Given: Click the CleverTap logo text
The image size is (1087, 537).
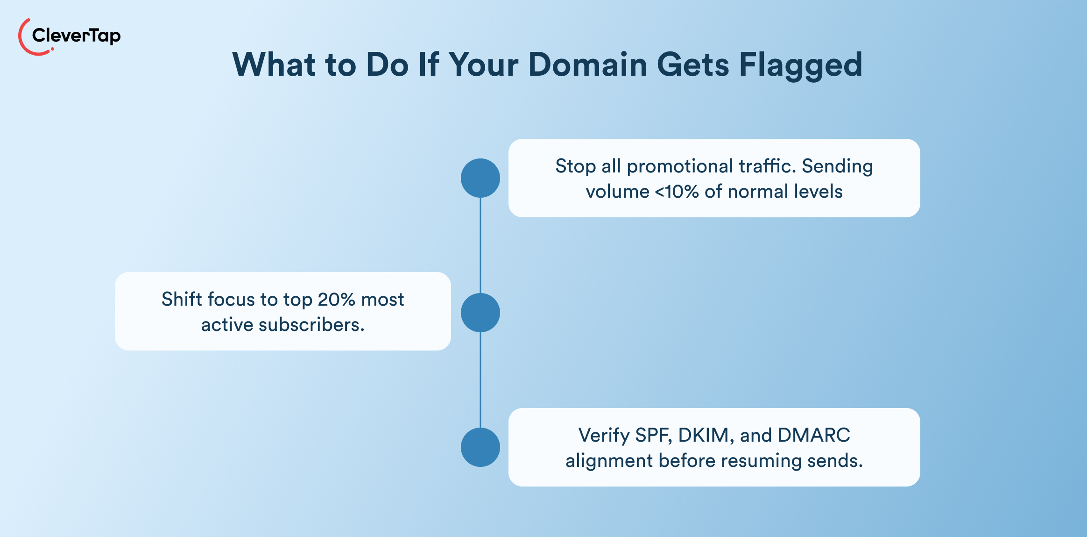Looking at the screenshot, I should click(x=76, y=36).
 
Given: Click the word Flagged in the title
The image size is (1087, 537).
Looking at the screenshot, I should click(x=800, y=65).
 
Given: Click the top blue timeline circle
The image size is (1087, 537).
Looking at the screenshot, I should click(x=480, y=178).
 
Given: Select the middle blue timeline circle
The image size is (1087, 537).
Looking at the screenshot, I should click(x=480, y=313).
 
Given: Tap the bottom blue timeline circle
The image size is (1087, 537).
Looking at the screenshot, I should click(x=480, y=447).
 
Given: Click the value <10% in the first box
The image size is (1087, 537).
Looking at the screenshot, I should click(x=677, y=192).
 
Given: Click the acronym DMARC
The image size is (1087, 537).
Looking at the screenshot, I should click(x=813, y=435).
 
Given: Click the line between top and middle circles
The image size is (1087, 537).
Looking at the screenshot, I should click(x=480, y=245).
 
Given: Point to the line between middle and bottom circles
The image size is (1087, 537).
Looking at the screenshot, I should click(x=480, y=380).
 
